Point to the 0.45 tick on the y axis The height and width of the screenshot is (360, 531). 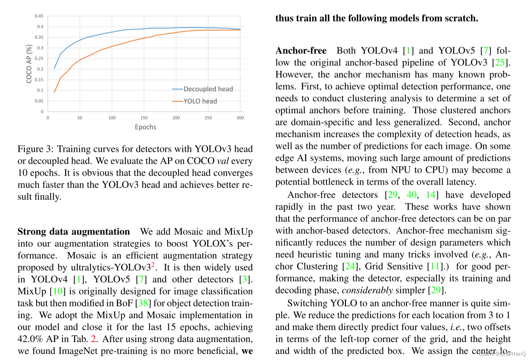coord(39,16)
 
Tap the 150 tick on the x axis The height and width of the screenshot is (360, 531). coord(144,118)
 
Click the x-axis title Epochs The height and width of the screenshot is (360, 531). coord(145,127)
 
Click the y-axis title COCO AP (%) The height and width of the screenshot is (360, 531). coord(29,64)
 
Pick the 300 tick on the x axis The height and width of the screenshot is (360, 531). coord(240,118)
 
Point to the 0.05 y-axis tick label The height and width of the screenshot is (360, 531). coord(39,101)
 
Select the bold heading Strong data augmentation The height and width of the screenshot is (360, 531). coord(74,231)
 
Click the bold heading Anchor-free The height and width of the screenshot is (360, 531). coord(301,51)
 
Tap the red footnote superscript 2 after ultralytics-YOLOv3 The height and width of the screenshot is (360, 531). coord(153,265)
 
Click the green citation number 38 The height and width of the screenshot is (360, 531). coord(143,303)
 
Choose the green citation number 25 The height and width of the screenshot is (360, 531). coord(500,63)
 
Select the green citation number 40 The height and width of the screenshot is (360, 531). coord(412,195)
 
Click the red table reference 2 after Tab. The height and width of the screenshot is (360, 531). coord(94,339)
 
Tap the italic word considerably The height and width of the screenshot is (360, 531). coord(367,290)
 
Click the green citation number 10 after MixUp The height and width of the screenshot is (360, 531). coord(58,291)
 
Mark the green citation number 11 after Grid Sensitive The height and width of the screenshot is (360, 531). coord(435,266)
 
